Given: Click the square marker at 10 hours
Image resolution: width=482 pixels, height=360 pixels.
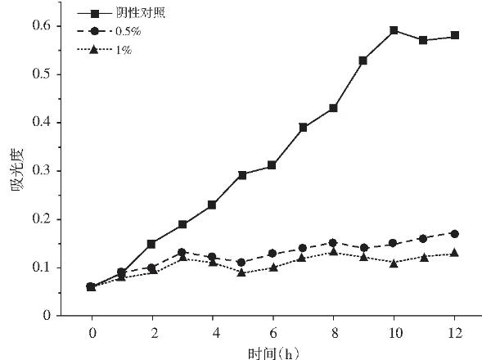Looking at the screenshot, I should pos(394,30).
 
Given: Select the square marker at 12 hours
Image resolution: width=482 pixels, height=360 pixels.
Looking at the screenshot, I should pos(454,35).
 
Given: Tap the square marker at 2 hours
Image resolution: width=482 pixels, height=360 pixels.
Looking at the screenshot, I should pos(151,244).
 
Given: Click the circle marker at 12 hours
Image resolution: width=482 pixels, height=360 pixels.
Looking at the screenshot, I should pos(454,233).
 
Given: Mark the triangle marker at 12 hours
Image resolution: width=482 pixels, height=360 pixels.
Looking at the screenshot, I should pos(454,253).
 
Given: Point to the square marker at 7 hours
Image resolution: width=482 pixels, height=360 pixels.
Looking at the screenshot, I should pos(303,127).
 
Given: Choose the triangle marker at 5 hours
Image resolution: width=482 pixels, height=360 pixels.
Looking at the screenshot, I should pos(242,272).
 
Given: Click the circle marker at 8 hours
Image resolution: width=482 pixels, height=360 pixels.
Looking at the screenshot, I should pos(333,242).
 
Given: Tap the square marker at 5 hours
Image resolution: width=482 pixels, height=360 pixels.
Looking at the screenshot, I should pos(242,175).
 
